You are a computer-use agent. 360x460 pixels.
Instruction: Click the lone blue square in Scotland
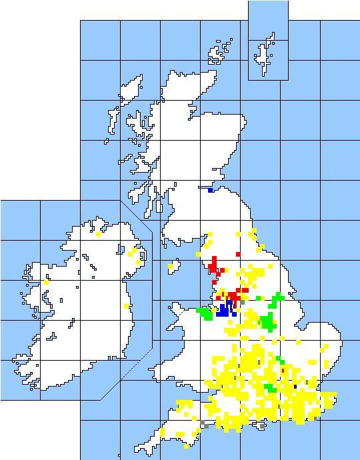pos(211,191)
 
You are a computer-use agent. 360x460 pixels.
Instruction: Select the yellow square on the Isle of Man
pos(171,267)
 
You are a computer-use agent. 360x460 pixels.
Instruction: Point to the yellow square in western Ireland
pos(46,283)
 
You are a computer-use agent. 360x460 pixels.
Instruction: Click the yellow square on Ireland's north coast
pos(98,234)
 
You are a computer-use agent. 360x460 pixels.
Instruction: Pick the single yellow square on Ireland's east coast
pos(126,306)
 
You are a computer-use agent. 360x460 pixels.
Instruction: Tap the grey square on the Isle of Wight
pos(262,425)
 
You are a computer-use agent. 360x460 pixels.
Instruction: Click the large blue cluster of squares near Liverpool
pos(224,309)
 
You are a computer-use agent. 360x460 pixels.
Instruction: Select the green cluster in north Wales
pos(205,313)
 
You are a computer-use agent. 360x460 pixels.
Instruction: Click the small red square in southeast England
pos(283,371)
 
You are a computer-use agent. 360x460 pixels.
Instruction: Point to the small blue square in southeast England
pos(295,387)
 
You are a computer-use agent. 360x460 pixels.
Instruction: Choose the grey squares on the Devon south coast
pos(203,424)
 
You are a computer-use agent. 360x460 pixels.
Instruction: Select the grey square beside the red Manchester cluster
pos(243,302)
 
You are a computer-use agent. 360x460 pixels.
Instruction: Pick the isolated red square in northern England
pos(238,254)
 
